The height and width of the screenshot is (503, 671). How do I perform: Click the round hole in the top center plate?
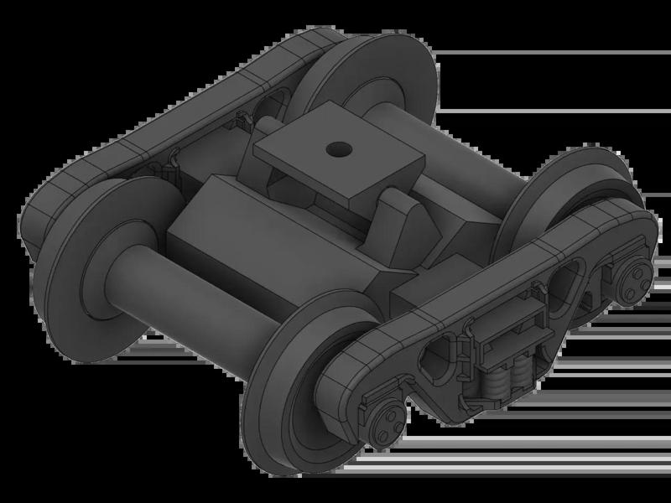point(339,149)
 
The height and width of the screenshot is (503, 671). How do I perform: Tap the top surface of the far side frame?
point(168,117)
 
